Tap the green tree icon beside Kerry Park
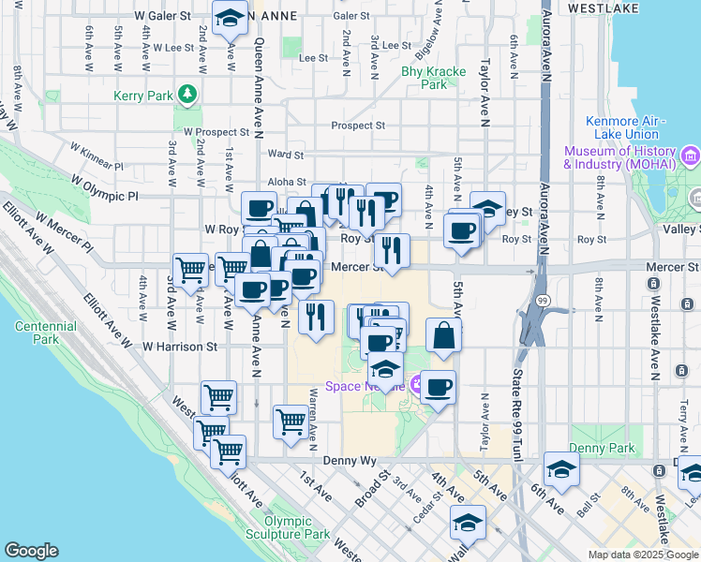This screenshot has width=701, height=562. coord(188,95)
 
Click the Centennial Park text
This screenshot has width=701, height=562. coord(45,333)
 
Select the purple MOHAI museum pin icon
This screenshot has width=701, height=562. coord(690,155)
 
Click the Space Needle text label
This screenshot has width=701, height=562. coord(363,387)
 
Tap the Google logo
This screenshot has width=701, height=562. coord(31,551)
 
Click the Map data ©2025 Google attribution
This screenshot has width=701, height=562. coord(641,555)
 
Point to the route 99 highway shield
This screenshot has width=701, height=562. coord(543,300)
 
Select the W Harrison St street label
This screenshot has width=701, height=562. coord(180,346)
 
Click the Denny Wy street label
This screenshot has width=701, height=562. coord(349,461)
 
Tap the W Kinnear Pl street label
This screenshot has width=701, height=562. coord(98,155)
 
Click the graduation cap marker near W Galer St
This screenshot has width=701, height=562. coord(230,19)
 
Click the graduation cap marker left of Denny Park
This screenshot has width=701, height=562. coord(560,469)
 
